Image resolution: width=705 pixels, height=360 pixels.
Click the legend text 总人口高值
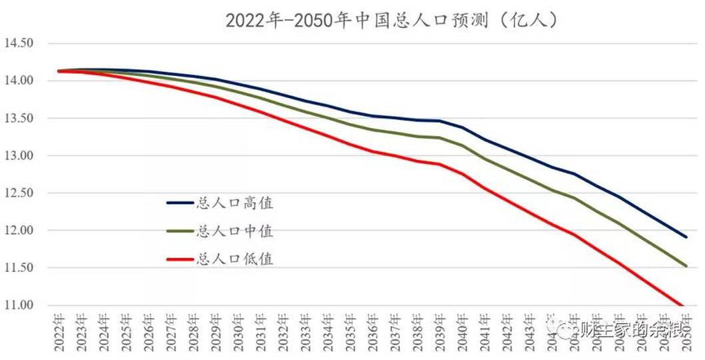pyautogui.click(x=235, y=203)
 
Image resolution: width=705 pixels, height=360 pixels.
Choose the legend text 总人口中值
pyautogui.click(x=235, y=231)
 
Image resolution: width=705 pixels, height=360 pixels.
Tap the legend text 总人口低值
pyautogui.click(x=235, y=259)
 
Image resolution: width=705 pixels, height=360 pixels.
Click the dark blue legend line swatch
pyautogui.click(x=180, y=203)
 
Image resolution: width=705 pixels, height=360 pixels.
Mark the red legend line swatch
pyautogui.click(x=180, y=259)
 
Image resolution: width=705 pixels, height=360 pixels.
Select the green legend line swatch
pyautogui.click(x=180, y=231)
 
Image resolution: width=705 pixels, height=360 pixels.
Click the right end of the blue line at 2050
pyautogui.click(x=686, y=237)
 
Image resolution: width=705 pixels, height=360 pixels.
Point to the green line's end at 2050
pyautogui.click(x=686, y=266)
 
